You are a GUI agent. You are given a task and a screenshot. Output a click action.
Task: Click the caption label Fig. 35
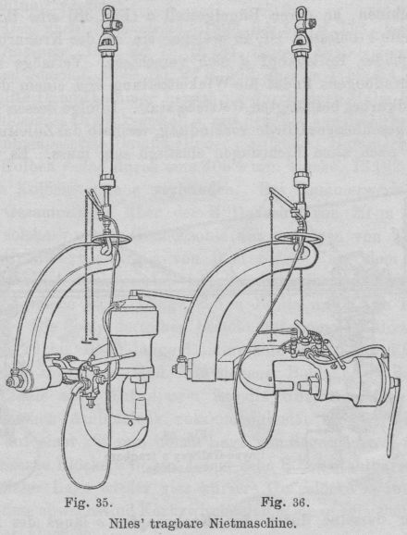pos(88,503)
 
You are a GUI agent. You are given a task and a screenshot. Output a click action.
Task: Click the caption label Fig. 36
pos(285,503)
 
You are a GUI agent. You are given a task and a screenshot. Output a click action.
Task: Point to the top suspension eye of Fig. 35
pos(109,13)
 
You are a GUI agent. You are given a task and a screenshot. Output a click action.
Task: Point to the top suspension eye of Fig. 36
pos(302,13)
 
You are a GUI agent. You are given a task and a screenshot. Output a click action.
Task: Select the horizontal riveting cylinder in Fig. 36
pos(354,379)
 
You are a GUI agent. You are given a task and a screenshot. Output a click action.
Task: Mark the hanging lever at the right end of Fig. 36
pos(393,418)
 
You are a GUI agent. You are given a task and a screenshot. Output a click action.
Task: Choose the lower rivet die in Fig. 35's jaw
pos(141,408)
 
